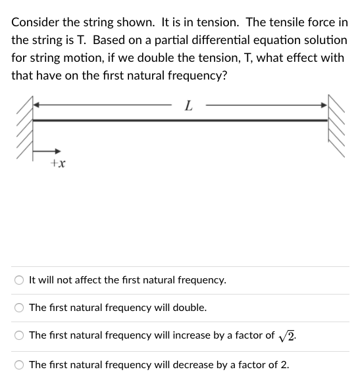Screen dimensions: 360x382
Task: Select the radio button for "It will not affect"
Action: coord(20,280)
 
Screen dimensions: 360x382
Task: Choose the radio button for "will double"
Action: coord(20,308)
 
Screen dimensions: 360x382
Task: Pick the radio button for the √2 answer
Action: coord(20,335)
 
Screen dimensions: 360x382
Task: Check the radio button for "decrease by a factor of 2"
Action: coord(20,364)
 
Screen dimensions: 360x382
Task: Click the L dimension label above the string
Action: coord(189,105)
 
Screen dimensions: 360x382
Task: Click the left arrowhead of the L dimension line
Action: coord(38,105)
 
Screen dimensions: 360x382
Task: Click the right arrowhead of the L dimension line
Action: coord(323,105)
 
